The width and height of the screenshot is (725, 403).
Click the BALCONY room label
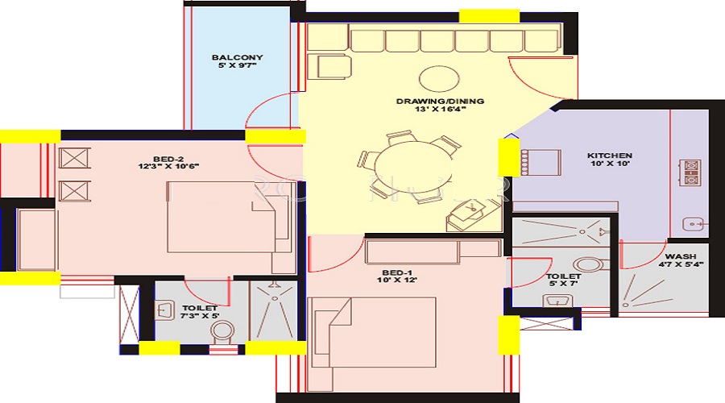click(237, 57)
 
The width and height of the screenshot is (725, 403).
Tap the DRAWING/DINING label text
click(440, 101)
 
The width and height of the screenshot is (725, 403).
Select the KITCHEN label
click(609, 156)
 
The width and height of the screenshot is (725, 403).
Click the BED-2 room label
click(168, 157)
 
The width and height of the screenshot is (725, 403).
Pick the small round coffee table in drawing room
click(439, 79)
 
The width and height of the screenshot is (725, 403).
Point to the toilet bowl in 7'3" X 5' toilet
click(220, 333)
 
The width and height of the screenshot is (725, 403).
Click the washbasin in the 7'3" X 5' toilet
click(166, 310)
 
